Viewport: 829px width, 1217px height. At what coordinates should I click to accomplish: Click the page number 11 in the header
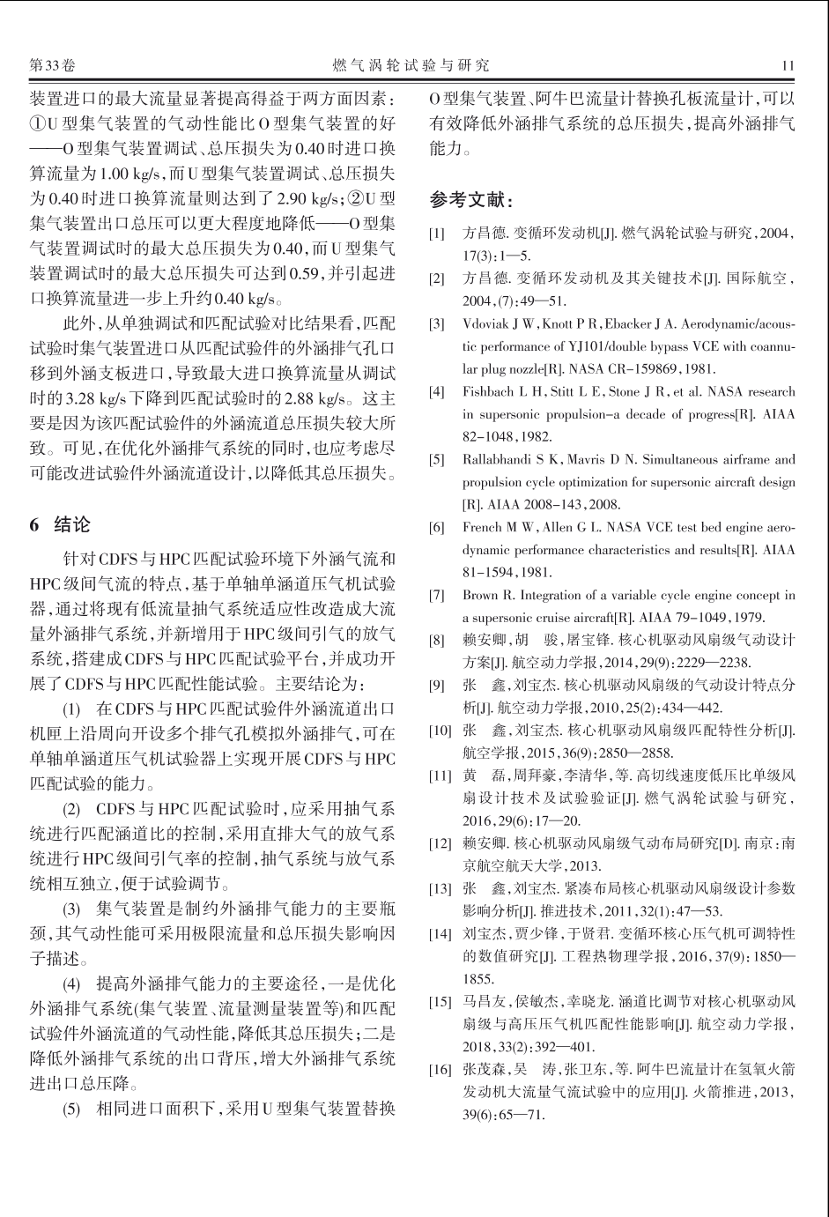pos(788,65)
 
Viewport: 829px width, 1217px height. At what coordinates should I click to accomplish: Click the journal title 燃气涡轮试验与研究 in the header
pos(411,65)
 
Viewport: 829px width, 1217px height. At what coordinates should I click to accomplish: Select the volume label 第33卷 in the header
pos(53,65)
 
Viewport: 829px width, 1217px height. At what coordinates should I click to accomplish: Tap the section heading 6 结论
pos(60,524)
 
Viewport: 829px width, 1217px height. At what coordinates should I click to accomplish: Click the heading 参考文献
pos(470,201)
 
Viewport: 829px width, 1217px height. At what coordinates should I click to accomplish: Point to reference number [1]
pos(437,234)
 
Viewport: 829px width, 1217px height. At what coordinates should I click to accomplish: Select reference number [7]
pos(437,596)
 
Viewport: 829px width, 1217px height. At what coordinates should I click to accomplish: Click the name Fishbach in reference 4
pos(491,392)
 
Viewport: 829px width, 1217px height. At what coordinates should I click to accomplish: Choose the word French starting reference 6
pos(483,528)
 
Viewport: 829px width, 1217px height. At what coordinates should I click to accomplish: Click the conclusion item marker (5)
pos(70,1109)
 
